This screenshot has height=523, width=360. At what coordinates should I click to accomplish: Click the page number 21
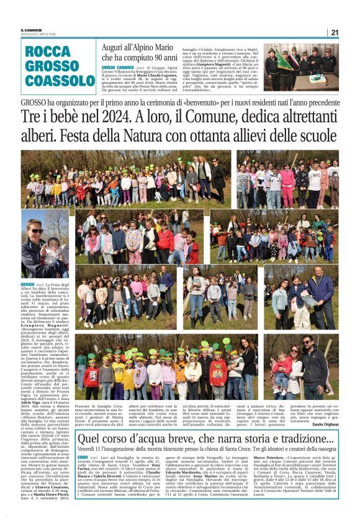click(x=335, y=32)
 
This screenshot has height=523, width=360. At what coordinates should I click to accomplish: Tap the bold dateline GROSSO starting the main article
click(x=27, y=284)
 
